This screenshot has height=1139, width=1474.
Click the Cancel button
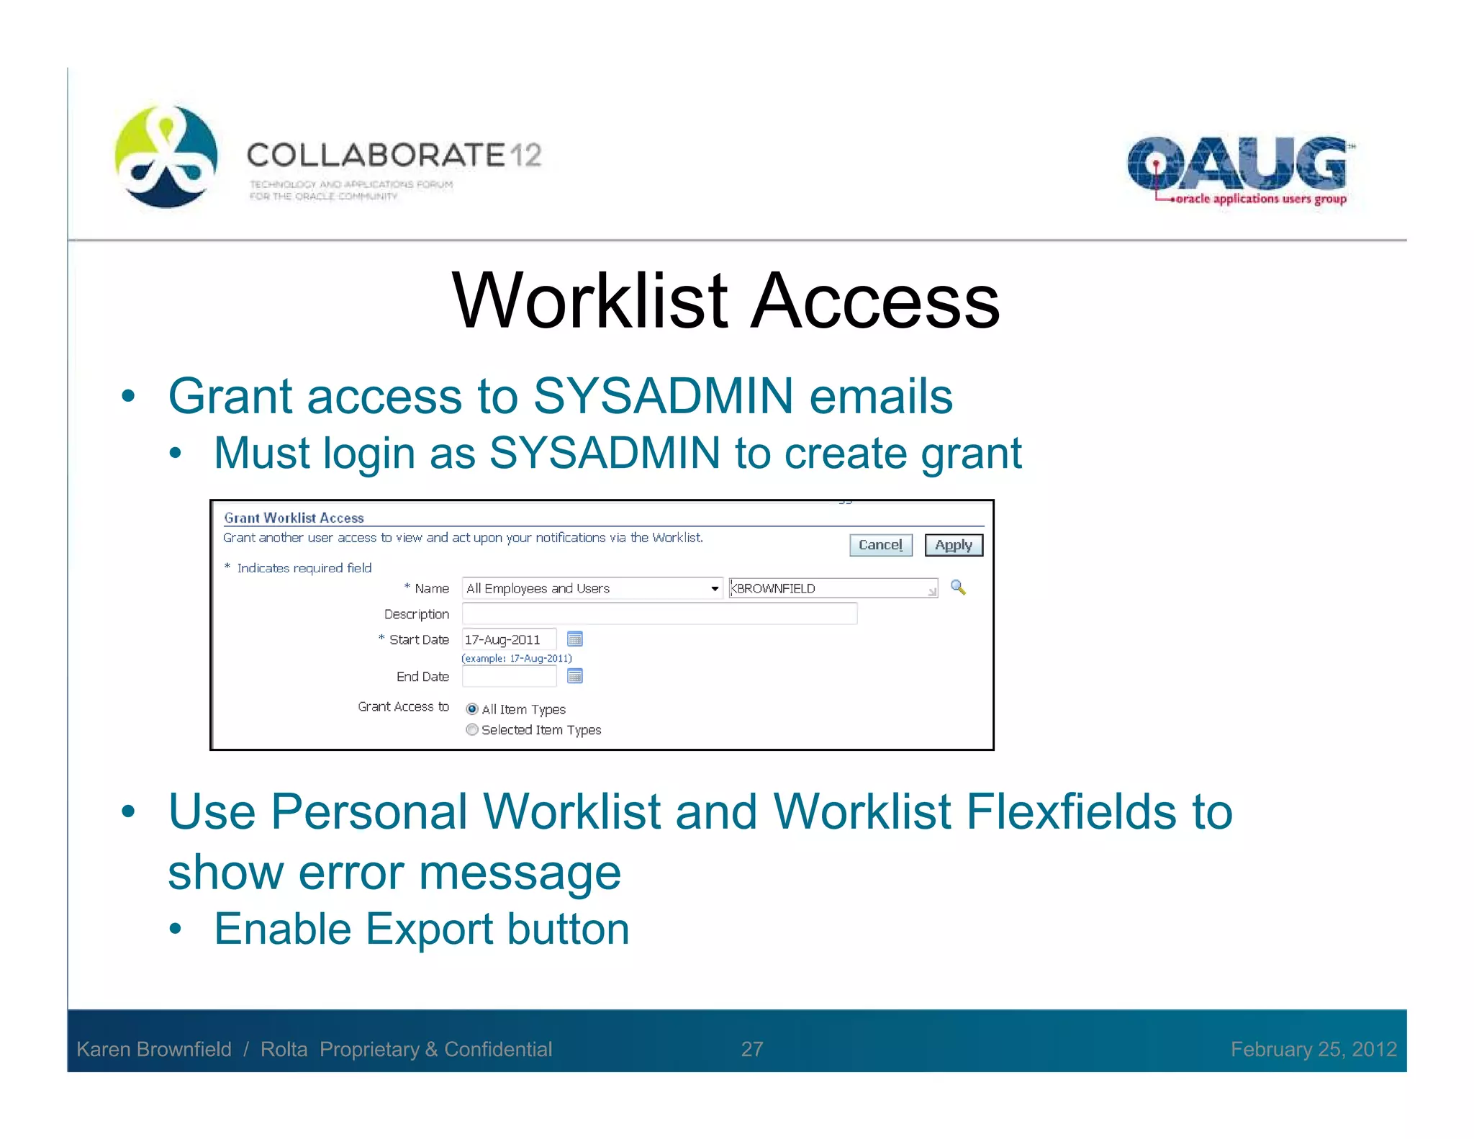[880, 545]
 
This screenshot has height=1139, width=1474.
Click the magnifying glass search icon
[958, 587]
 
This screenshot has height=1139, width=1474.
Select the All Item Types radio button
[472, 709]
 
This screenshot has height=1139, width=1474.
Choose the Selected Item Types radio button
[472, 729]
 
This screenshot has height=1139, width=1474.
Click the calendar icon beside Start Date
[575, 639]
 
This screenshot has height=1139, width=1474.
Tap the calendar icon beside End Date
[575, 676]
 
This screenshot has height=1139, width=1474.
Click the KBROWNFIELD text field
[833, 588]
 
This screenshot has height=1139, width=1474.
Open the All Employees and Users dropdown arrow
[714, 588]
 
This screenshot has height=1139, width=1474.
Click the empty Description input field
[659, 613]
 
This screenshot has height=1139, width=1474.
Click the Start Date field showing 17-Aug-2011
[509, 639]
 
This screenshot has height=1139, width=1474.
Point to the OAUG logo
[1239, 170]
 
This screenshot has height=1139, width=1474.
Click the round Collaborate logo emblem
[166, 156]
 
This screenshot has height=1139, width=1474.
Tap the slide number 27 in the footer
[752, 1049]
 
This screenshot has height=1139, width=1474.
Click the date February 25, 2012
[1314, 1049]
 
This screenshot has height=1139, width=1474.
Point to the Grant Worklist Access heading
[294, 518]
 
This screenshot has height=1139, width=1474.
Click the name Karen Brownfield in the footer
[154, 1049]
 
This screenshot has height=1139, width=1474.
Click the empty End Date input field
[509, 676]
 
